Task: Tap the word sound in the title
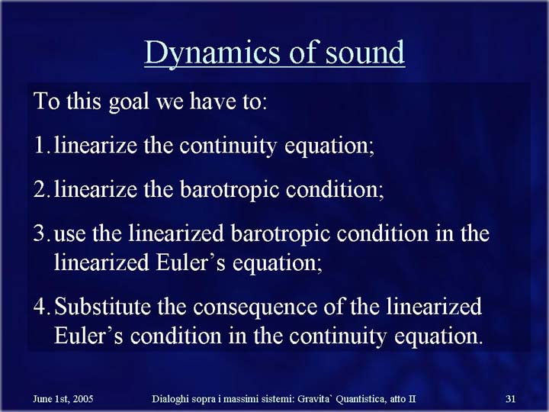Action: (364, 52)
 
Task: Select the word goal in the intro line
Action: (129, 102)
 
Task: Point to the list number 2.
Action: (42, 189)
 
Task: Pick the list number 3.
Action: (42, 233)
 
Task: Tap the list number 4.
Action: (42, 305)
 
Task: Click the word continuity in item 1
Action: (228, 146)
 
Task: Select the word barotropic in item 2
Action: (230, 190)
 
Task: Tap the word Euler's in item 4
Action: (88, 336)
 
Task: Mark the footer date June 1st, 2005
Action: (63, 399)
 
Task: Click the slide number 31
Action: (510, 399)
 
